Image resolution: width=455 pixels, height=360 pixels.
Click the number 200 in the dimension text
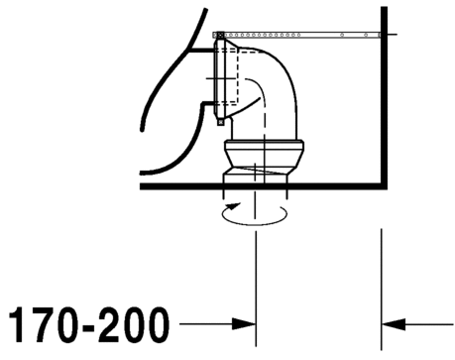(x=133, y=324)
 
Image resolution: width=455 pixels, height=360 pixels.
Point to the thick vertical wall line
(x=383, y=99)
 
